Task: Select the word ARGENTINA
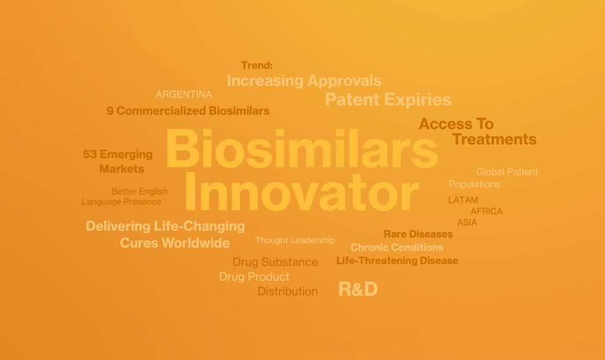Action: tap(184, 95)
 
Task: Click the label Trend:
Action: tap(256, 66)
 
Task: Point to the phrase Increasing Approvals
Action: tap(304, 80)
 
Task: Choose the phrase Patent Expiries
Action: tap(388, 99)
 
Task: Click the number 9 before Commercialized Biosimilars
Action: tap(110, 111)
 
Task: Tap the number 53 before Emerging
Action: tap(90, 155)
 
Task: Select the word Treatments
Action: tap(494, 140)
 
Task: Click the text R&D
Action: tap(357, 289)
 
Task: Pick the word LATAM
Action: tap(463, 200)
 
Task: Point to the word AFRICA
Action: tap(486, 212)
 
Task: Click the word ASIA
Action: tap(467, 223)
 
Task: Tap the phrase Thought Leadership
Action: tap(294, 240)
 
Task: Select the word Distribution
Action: tap(288, 291)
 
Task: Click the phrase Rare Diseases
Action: tap(418, 234)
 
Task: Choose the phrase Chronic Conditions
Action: tap(396, 247)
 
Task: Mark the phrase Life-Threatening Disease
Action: tap(397, 261)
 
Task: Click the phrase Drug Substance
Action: tap(275, 262)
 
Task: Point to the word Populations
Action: tap(474, 184)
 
